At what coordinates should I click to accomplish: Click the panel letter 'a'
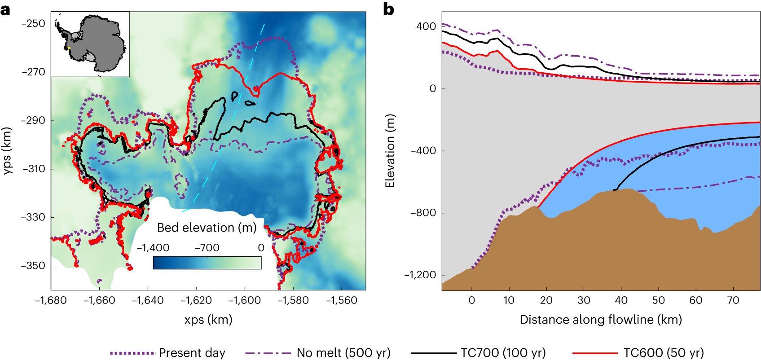point(5,9)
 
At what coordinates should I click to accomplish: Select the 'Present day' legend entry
point(192,353)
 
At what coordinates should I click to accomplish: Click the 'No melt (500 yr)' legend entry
point(343,353)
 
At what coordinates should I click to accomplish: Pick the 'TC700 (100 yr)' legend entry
point(503,353)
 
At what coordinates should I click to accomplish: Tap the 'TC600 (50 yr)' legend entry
point(664,353)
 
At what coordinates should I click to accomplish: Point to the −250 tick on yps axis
point(33,23)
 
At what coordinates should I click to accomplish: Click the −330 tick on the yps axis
point(33,217)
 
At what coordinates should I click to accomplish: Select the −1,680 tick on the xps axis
point(51,300)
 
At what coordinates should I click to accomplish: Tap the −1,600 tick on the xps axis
point(245,300)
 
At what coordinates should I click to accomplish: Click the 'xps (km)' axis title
point(208,320)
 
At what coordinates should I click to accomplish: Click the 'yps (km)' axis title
point(7,151)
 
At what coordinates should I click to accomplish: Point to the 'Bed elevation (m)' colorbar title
point(207,228)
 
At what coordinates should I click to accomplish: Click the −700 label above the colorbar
point(207,248)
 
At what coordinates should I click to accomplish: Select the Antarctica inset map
point(91,44)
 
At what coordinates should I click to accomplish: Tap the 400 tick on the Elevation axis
point(426,26)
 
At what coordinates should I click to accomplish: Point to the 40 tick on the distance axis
point(621,300)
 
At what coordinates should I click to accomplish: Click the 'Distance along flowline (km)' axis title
point(601,320)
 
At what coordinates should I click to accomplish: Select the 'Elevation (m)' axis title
point(390,151)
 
